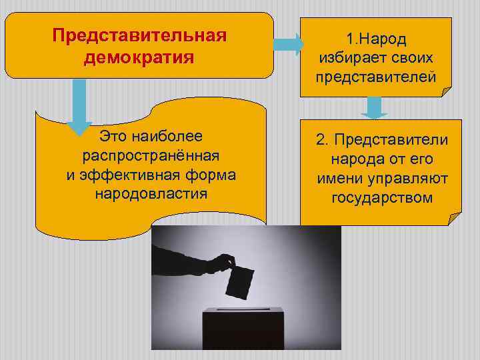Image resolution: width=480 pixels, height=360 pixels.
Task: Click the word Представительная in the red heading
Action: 139,35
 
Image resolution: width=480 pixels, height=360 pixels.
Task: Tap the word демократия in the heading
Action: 139,57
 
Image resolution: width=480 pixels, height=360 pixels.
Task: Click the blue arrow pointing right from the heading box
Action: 289,45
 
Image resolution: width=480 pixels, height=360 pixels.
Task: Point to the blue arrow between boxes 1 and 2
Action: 374,107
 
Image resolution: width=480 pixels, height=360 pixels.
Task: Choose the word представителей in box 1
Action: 376,77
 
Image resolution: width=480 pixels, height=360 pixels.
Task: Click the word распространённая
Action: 151,155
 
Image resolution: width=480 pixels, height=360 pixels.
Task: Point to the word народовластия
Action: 151,194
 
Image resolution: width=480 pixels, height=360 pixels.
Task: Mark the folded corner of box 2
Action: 454,218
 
